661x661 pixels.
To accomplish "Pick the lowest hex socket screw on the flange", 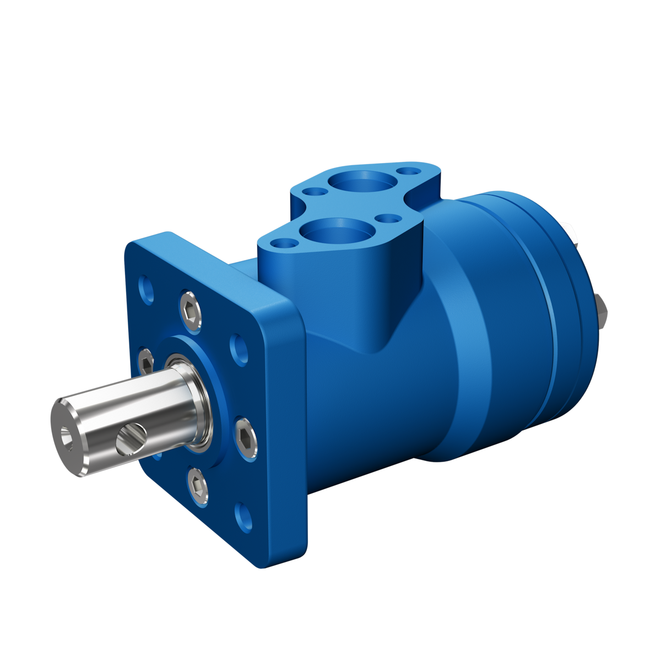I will point(198,487).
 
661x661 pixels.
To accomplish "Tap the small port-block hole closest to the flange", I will point(283,242).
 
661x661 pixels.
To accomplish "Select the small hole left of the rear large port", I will point(316,192).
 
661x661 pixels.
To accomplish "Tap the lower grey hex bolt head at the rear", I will point(602,311).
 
